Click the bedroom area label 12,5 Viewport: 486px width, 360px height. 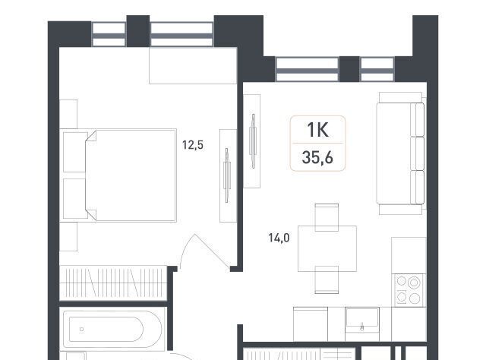tap(193, 145)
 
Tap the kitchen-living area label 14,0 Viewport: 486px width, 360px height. tap(279, 238)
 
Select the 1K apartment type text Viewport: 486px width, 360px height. tap(317, 130)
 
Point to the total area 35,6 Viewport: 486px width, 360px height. tap(317, 157)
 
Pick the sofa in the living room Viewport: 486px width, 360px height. tap(400, 153)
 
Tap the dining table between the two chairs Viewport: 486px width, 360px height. tap(327, 248)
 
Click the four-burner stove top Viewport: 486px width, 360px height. tap(409, 290)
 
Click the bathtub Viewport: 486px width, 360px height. tap(112, 329)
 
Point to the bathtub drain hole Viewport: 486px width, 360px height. tap(81, 330)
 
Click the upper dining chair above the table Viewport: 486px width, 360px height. tap(327, 217)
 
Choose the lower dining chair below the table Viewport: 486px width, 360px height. tap(327, 279)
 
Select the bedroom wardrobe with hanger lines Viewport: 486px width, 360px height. tap(113, 283)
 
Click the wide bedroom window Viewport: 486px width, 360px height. tap(182, 34)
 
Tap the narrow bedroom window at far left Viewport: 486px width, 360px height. tap(109, 34)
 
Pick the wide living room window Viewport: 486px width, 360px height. tap(307, 69)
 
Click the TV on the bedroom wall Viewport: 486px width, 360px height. tap(228, 175)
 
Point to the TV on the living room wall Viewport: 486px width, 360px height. tap(253, 141)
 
